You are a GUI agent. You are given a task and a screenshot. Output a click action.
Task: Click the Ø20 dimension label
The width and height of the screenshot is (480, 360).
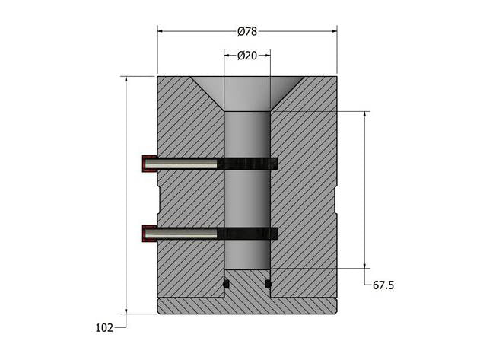246,56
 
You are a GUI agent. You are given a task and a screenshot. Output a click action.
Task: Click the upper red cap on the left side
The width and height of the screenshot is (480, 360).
148,164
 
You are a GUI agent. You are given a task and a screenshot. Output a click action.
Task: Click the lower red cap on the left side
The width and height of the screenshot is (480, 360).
148,233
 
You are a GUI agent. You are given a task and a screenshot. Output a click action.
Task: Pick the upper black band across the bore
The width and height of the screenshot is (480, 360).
247,164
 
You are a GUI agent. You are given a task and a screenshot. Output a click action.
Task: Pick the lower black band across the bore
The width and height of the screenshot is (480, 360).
247,233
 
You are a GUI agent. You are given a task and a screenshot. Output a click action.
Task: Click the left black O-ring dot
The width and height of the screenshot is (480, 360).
226,285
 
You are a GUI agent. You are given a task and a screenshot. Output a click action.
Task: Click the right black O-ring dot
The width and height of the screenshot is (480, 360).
268,285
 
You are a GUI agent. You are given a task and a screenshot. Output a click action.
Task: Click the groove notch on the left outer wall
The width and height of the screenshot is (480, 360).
159,199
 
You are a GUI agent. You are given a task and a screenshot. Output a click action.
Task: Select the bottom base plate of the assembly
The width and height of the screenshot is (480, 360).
246,306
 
